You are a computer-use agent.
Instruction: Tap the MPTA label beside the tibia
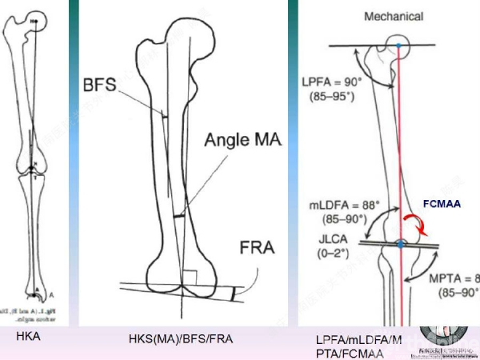click(x=458, y=279)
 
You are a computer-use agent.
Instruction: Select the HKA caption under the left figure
click(x=28, y=337)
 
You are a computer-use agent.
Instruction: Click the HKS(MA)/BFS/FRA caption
click(x=180, y=339)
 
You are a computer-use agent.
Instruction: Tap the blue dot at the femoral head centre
click(x=398, y=46)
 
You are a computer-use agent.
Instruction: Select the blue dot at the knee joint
click(x=398, y=243)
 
